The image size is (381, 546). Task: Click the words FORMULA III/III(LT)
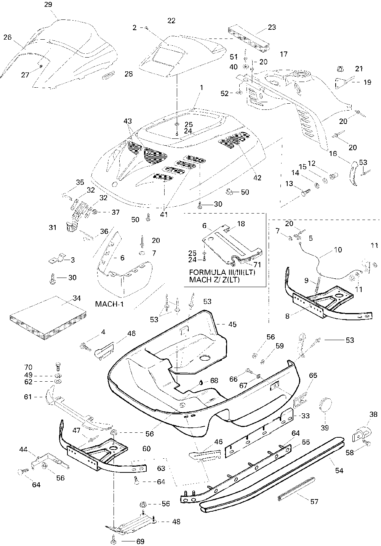(x=222, y=273)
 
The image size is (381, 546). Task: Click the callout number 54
(x=339, y=471)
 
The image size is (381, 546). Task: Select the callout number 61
(x=28, y=397)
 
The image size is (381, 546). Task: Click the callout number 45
(x=232, y=324)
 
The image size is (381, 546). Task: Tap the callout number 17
(x=283, y=54)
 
